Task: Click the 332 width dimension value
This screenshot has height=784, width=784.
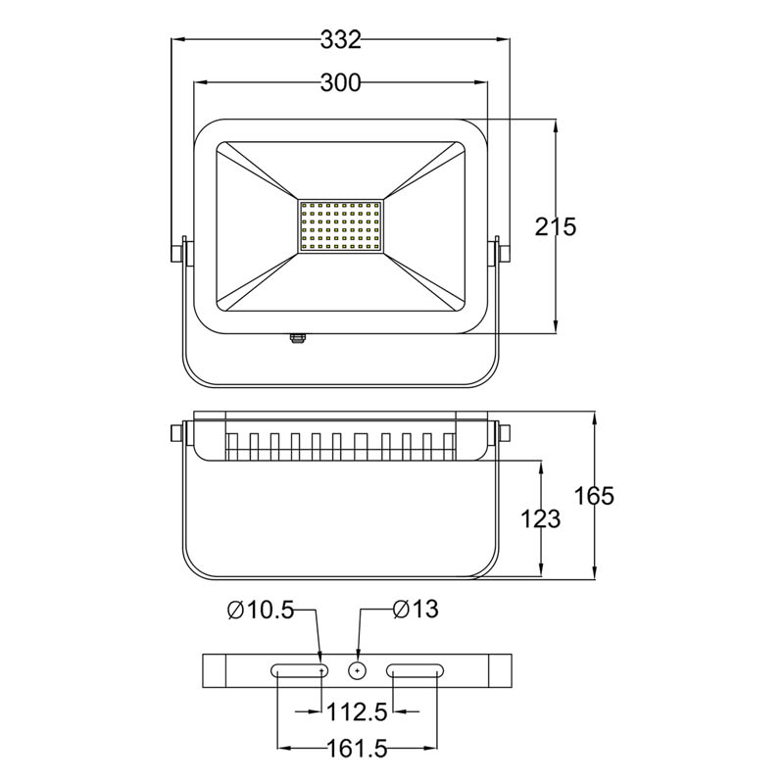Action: tap(341, 40)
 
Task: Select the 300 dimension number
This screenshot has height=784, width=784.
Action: tap(341, 84)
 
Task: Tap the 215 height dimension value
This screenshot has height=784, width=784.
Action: tap(556, 226)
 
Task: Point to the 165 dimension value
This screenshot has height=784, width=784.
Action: tap(594, 496)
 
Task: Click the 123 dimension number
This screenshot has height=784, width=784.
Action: tap(540, 518)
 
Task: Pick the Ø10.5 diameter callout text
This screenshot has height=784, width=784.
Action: tap(260, 611)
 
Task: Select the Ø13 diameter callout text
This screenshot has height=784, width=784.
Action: tap(416, 610)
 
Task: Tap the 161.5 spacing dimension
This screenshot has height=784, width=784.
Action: tap(358, 750)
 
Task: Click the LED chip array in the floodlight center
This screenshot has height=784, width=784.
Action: tap(341, 226)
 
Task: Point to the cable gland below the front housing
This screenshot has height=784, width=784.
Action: tap(298, 338)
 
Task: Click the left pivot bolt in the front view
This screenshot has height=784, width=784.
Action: tap(178, 251)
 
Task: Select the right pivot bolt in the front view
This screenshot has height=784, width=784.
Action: tap(503, 251)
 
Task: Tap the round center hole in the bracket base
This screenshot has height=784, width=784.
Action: tap(359, 670)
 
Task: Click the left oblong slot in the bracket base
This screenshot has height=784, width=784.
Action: tap(301, 670)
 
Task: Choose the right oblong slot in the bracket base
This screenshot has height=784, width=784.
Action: tap(416, 670)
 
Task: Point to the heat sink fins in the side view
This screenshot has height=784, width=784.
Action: tap(341, 445)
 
